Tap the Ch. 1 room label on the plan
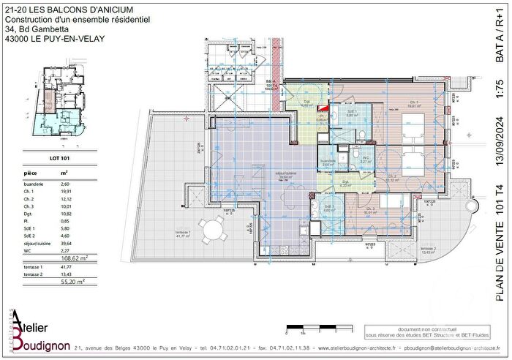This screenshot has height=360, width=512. tap(413, 103)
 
